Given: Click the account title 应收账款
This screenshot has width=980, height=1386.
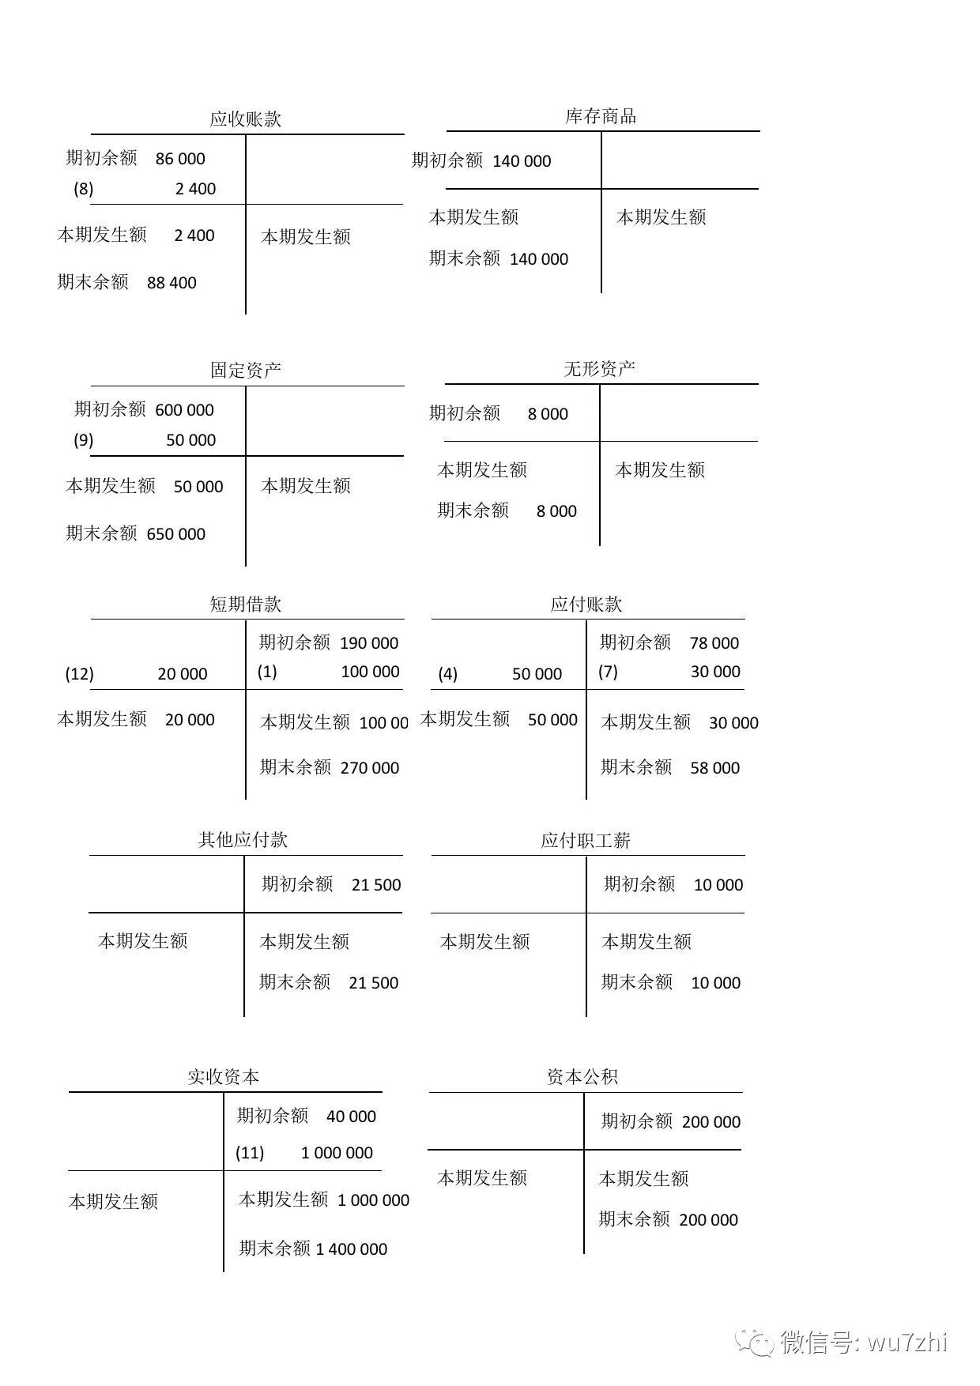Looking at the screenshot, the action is point(245,119).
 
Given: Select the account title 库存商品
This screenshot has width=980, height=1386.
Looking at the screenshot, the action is point(601,117).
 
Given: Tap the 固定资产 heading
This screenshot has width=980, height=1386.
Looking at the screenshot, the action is point(245,371).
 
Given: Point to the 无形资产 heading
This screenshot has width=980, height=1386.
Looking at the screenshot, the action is point(599,369).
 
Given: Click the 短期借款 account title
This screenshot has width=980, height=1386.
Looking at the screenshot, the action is point(245,604).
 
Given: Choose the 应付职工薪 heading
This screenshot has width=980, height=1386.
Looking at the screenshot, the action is point(586,841).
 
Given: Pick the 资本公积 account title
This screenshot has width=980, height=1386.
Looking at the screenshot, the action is point(582,1077).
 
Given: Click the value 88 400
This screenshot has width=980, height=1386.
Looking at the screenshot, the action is point(171,283).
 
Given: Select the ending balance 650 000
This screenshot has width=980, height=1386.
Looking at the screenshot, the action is point(175,534).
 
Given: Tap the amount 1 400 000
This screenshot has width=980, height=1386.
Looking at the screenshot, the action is point(352,1249).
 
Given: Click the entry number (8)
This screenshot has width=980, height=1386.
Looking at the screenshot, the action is point(83,189).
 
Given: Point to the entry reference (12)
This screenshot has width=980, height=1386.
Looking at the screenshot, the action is point(79,674).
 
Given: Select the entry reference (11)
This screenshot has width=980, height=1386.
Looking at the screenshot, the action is point(250,1153).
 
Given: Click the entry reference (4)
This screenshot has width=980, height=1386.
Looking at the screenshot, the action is point(447,674).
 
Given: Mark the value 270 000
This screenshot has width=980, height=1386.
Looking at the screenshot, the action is point(370,768).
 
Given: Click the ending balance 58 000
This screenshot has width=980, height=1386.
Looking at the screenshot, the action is point(714,768).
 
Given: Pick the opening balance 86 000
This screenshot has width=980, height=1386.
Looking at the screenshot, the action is point(180,159).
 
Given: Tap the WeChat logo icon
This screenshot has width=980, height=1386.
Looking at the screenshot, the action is point(754,1342).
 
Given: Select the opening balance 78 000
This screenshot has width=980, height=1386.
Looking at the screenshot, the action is point(714,643).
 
